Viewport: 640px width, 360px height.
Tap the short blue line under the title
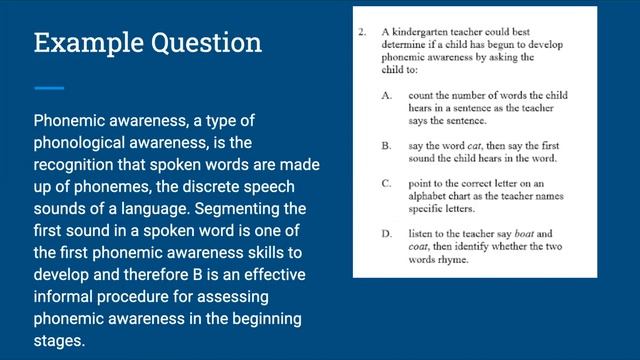[49, 87]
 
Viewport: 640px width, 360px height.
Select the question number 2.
[363, 32]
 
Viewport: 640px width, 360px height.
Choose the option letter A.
[386, 95]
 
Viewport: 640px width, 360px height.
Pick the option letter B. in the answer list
[386, 145]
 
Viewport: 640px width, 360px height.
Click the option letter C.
[386, 184]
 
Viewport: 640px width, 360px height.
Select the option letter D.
[386, 234]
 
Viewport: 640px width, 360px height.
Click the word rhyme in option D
[462, 260]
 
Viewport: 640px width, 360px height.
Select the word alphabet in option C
[431, 197]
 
